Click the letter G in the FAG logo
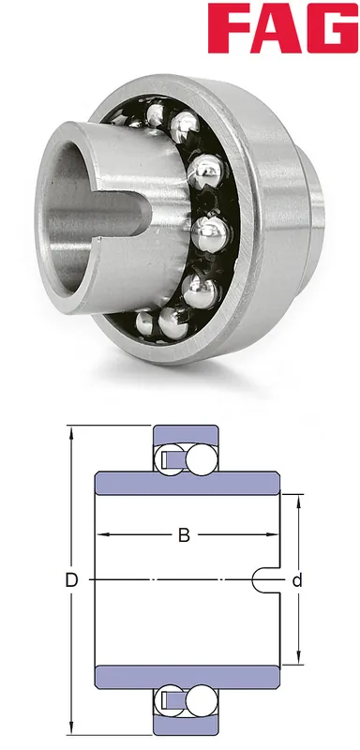332,28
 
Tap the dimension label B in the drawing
184,535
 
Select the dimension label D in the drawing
71,580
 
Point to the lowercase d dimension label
297,580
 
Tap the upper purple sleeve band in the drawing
187,483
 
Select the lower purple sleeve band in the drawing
187,677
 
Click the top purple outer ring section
186,434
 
